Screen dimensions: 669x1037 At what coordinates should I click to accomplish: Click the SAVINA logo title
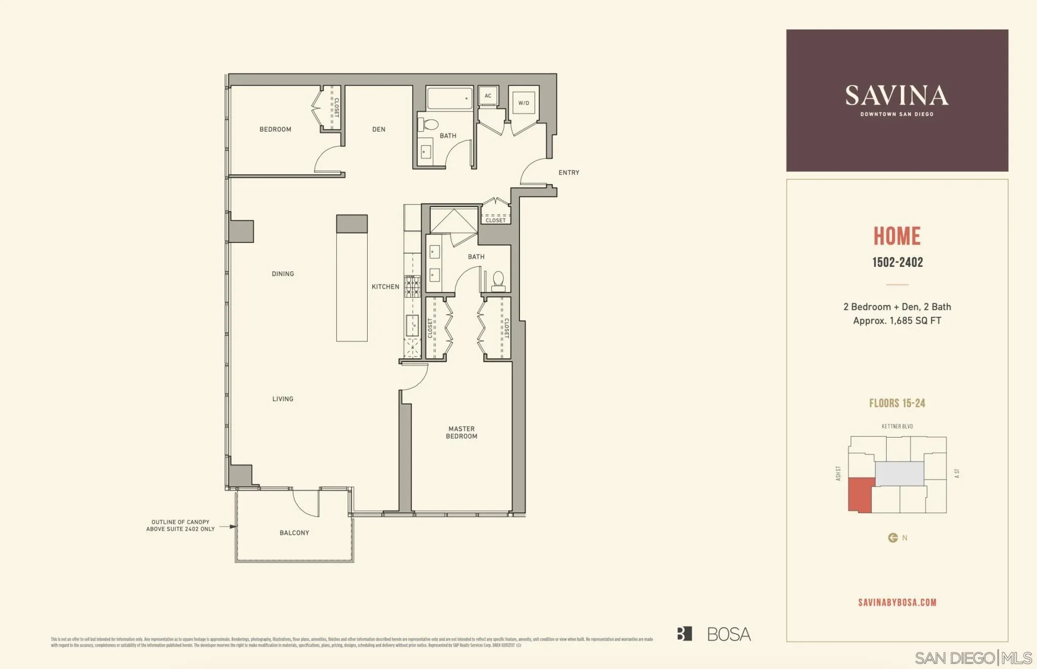pos(897,96)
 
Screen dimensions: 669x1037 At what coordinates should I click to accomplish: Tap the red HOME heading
pos(897,236)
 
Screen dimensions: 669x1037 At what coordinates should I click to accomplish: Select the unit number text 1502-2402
pos(897,262)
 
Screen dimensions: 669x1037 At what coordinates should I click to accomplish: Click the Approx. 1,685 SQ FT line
pos(897,321)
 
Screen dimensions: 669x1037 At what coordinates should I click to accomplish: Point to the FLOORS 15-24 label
pos(897,403)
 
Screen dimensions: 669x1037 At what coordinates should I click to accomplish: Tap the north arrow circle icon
pos(893,538)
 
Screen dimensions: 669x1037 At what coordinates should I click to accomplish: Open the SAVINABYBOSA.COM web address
pos(897,602)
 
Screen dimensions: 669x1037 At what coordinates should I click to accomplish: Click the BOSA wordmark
pos(728,634)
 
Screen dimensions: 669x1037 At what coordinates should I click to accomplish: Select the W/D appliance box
pos(523,103)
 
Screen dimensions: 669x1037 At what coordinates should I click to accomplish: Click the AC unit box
pos(488,96)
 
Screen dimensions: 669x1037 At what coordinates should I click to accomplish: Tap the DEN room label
pos(379,129)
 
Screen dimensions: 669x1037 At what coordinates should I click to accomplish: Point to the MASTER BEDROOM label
pos(461,432)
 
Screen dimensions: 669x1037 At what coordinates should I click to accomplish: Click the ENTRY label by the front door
pos(569,173)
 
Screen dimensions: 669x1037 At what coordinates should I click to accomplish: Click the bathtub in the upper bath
pos(449,99)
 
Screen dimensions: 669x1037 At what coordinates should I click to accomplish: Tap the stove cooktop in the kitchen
pos(412,286)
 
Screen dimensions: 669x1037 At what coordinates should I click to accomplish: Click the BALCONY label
pos(294,533)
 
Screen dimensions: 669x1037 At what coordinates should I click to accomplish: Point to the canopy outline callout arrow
pos(228,527)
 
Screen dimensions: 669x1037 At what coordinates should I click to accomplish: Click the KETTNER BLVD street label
pos(897,426)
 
